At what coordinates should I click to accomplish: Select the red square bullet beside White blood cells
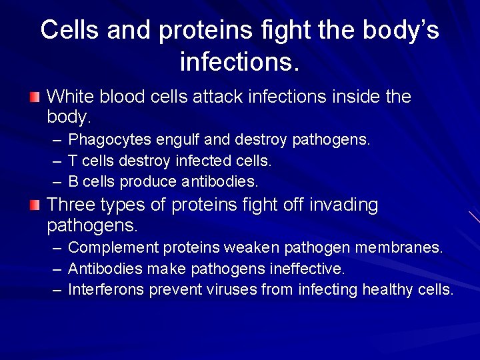34,97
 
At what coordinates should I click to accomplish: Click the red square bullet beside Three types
34,205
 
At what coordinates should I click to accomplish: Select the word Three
71,205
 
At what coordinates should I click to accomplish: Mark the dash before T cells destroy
57,161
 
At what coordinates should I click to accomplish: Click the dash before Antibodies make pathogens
57,269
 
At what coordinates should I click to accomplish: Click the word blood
123,97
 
